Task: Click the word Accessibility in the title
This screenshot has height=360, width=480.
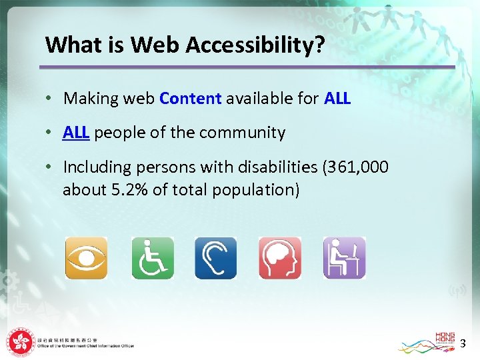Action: pyautogui.click(x=255, y=45)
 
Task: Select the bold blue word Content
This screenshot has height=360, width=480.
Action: pyautogui.click(x=190, y=99)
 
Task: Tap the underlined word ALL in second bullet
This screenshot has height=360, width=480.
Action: pyautogui.click(x=76, y=133)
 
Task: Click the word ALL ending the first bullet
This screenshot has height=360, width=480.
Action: pyautogui.click(x=337, y=99)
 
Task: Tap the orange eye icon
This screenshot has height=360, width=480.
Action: pyautogui.click(x=86, y=258)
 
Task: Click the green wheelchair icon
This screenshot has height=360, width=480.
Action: pyautogui.click(x=153, y=258)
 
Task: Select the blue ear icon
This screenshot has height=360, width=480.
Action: pyautogui.click(x=215, y=258)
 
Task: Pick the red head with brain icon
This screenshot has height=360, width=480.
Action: pyautogui.click(x=280, y=258)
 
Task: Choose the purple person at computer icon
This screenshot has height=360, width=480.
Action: pyautogui.click(x=345, y=258)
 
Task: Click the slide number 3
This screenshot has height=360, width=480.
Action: pyautogui.click(x=462, y=344)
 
